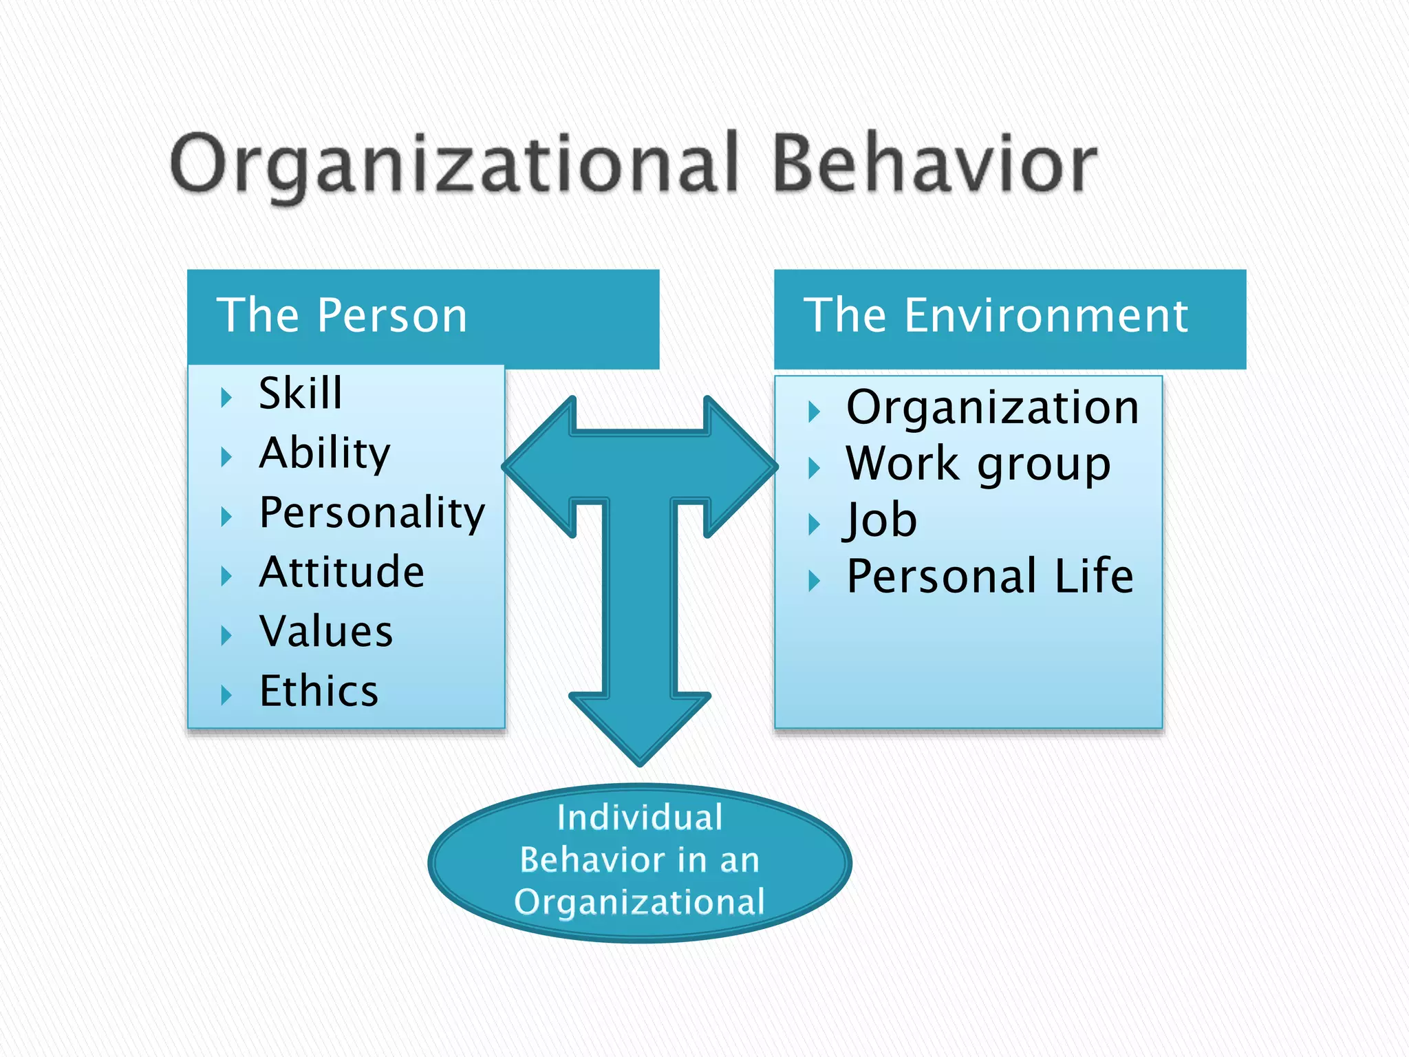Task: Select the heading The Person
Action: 342,316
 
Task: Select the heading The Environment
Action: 996,316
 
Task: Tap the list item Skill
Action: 301,394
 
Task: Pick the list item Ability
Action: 325,453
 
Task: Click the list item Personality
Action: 372,513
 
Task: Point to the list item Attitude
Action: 342,572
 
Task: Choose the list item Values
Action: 326,632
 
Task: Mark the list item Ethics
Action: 319,691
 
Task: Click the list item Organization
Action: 992,407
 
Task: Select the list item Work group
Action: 978,464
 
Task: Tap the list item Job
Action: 881,520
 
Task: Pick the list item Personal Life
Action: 989,576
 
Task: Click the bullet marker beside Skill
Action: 226,397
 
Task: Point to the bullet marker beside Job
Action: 814,524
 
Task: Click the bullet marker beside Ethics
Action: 226,695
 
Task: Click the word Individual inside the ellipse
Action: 640,818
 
